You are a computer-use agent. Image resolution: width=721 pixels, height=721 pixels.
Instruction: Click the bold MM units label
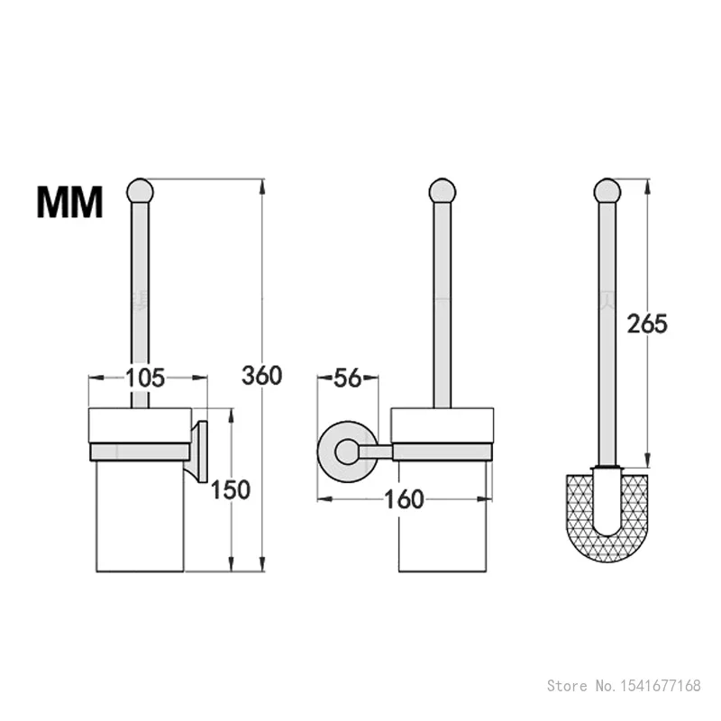[69, 202]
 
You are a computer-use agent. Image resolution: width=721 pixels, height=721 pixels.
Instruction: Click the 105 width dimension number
[145, 378]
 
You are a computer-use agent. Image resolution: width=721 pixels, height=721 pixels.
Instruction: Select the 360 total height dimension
[262, 374]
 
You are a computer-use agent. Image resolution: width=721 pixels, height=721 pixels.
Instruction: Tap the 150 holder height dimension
[231, 489]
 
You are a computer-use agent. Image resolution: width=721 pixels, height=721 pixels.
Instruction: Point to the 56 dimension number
[347, 378]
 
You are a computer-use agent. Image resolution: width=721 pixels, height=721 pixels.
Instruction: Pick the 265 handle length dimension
[647, 324]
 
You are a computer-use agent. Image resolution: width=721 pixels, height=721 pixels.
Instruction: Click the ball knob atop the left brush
[140, 191]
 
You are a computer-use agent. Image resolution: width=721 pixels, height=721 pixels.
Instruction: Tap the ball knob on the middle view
[442, 191]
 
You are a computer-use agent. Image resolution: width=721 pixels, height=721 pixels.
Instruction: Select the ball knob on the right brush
[607, 191]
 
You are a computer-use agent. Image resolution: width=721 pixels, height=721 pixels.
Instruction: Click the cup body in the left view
[140, 514]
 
